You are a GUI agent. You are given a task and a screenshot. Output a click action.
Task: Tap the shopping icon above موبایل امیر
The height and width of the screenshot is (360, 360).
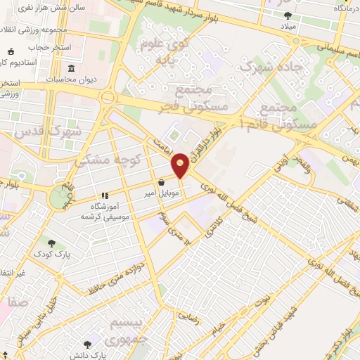tap(162, 181)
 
